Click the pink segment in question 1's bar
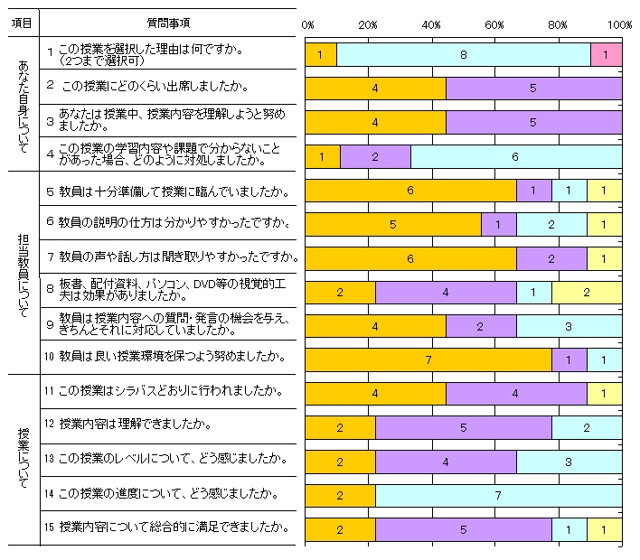pyautogui.click(x=606, y=55)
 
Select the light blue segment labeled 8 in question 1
pyautogui.click(x=463, y=55)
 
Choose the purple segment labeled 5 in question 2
pyautogui.click(x=533, y=89)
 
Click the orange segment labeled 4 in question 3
pyautogui.click(x=375, y=123)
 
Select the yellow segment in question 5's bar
pyautogui.click(x=604, y=191)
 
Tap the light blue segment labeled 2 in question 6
pyautogui.click(x=551, y=224)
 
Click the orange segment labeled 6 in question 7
pyautogui.click(x=410, y=258)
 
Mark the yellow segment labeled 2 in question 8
pyautogui.click(x=586, y=292)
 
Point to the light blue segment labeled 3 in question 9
pyautogui.click(x=569, y=325)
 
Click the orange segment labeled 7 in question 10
pyautogui.click(x=428, y=359)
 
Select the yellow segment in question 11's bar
pyautogui.click(x=604, y=393)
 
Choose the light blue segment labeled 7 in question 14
pyautogui.click(x=498, y=495)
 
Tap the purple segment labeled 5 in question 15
pyautogui.click(x=463, y=528)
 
